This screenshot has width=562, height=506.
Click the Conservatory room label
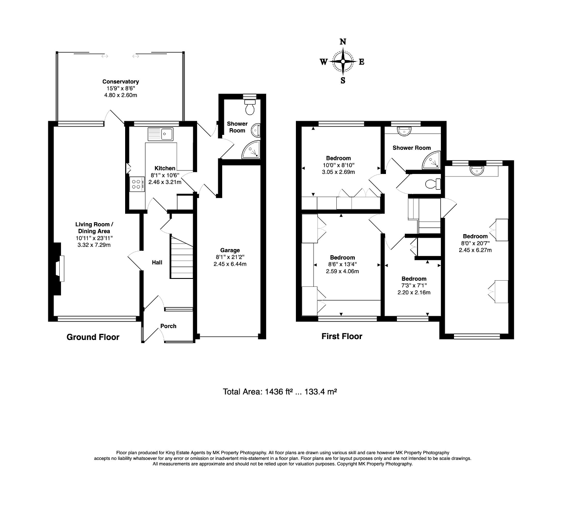[120, 82]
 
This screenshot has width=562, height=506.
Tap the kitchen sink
[161, 134]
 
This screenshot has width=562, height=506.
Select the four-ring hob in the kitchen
[137, 184]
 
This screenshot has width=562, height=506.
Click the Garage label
[230, 250]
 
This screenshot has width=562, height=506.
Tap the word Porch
[168, 326]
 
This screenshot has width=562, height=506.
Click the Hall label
[157, 262]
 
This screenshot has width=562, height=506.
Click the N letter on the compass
[342, 42]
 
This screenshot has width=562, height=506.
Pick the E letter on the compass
[362, 62]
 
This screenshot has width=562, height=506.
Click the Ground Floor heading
[93, 337]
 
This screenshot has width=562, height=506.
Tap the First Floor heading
[342, 336]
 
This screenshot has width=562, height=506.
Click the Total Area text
[280, 392]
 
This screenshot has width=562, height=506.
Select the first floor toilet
[433, 184]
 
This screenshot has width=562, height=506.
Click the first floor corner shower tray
[432, 161]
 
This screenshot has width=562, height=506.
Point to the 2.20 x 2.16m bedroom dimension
[414, 293]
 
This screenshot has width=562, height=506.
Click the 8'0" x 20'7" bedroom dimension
[475, 243]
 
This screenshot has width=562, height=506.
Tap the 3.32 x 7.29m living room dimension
[94, 245]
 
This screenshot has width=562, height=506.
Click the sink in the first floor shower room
[404, 131]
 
